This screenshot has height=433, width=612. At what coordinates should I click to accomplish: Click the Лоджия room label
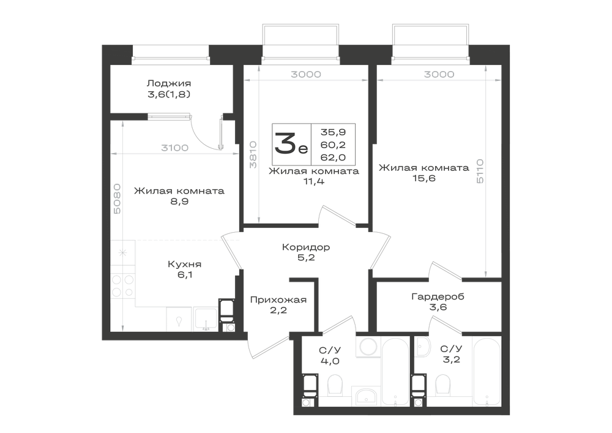(x=169, y=83)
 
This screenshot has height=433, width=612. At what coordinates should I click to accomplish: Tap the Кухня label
(x=185, y=265)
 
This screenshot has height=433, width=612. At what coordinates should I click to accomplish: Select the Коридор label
(x=306, y=247)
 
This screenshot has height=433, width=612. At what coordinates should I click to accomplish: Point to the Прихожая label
(x=278, y=300)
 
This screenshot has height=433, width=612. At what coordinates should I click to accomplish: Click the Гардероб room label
(x=438, y=297)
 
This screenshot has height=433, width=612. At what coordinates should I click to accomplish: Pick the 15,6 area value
(x=424, y=178)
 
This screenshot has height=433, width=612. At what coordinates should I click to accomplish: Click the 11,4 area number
(x=314, y=181)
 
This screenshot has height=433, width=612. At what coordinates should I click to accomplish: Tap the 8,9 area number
(x=179, y=201)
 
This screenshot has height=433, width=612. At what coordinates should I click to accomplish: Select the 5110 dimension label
(x=480, y=171)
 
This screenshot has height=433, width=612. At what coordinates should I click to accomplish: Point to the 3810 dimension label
(x=253, y=154)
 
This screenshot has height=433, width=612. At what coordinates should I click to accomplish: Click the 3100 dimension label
(x=175, y=148)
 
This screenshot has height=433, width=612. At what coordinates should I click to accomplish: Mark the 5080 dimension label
(x=117, y=198)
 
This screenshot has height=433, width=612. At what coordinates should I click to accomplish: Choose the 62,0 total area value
(x=333, y=157)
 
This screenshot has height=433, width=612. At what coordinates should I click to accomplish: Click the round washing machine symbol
(x=368, y=346)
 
